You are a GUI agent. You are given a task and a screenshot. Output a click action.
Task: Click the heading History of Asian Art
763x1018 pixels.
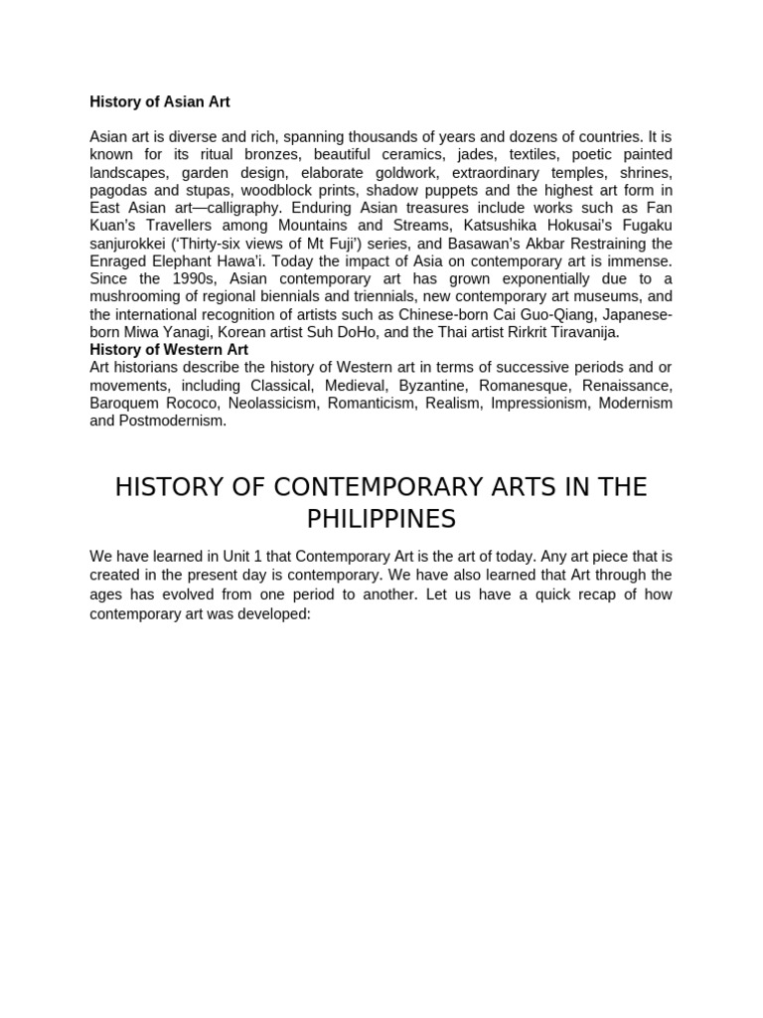pyautogui.click(x=159, y=102)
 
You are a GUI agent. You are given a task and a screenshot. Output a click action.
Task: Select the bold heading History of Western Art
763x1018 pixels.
pyautogui.click(x=169, y=350)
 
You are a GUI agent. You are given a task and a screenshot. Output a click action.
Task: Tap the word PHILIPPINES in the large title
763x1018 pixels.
pyautogui.click(x=381, y=519)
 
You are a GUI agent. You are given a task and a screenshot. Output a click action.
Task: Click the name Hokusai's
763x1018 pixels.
pyautogui.click(x=576, y=227)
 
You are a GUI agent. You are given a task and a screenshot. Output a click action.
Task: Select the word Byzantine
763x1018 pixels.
pyautogui.click(x=424, y=386)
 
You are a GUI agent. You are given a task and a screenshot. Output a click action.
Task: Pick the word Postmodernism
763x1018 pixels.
pyautogui.click(x=172, y=422)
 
